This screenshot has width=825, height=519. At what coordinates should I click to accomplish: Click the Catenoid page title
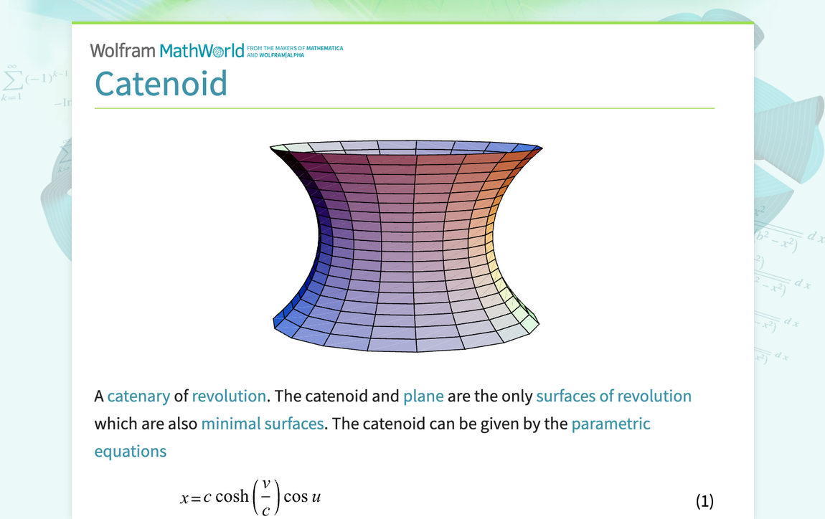tap(161, 84)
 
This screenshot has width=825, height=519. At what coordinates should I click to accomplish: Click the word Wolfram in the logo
tap(123, 51)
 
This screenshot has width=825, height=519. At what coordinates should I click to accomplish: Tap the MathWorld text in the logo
tap(202, 51)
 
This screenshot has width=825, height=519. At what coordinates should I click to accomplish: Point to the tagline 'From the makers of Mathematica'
tap(294, 48)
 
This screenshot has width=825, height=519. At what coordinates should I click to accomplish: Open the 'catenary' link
tap(138, 396)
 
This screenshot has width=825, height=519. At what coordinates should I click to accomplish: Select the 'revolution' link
tap(229, 396)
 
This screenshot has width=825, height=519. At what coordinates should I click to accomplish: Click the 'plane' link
tap(423, 396)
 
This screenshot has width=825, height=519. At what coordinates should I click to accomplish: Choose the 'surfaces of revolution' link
tap(613, 396)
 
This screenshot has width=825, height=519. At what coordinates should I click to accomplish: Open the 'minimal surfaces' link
tap(263, 424)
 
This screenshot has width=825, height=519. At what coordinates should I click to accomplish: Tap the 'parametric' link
tap(610, 424)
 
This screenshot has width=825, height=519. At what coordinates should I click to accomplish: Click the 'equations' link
tap(130, 451)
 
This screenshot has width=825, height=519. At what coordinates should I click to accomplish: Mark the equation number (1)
tap(704, 501)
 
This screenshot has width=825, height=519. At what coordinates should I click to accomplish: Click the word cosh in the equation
tap(232, 497)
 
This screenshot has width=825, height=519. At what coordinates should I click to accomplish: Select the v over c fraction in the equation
tap(266, 497)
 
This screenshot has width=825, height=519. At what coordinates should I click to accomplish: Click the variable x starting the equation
tap(184, 497)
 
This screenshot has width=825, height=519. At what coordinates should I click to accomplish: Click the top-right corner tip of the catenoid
tap(542, 148)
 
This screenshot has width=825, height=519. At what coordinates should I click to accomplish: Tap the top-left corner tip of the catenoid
tap(271, 148)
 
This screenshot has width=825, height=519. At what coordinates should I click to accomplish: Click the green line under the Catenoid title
tap(404, 108)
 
